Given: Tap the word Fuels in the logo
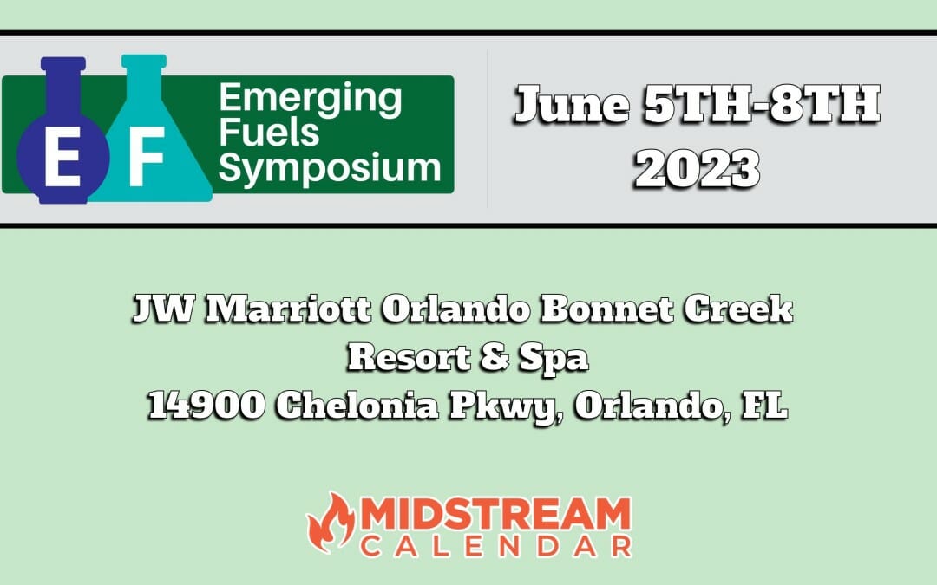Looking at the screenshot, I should tap(269, 133).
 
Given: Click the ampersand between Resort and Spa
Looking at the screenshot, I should tap(495, 357).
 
